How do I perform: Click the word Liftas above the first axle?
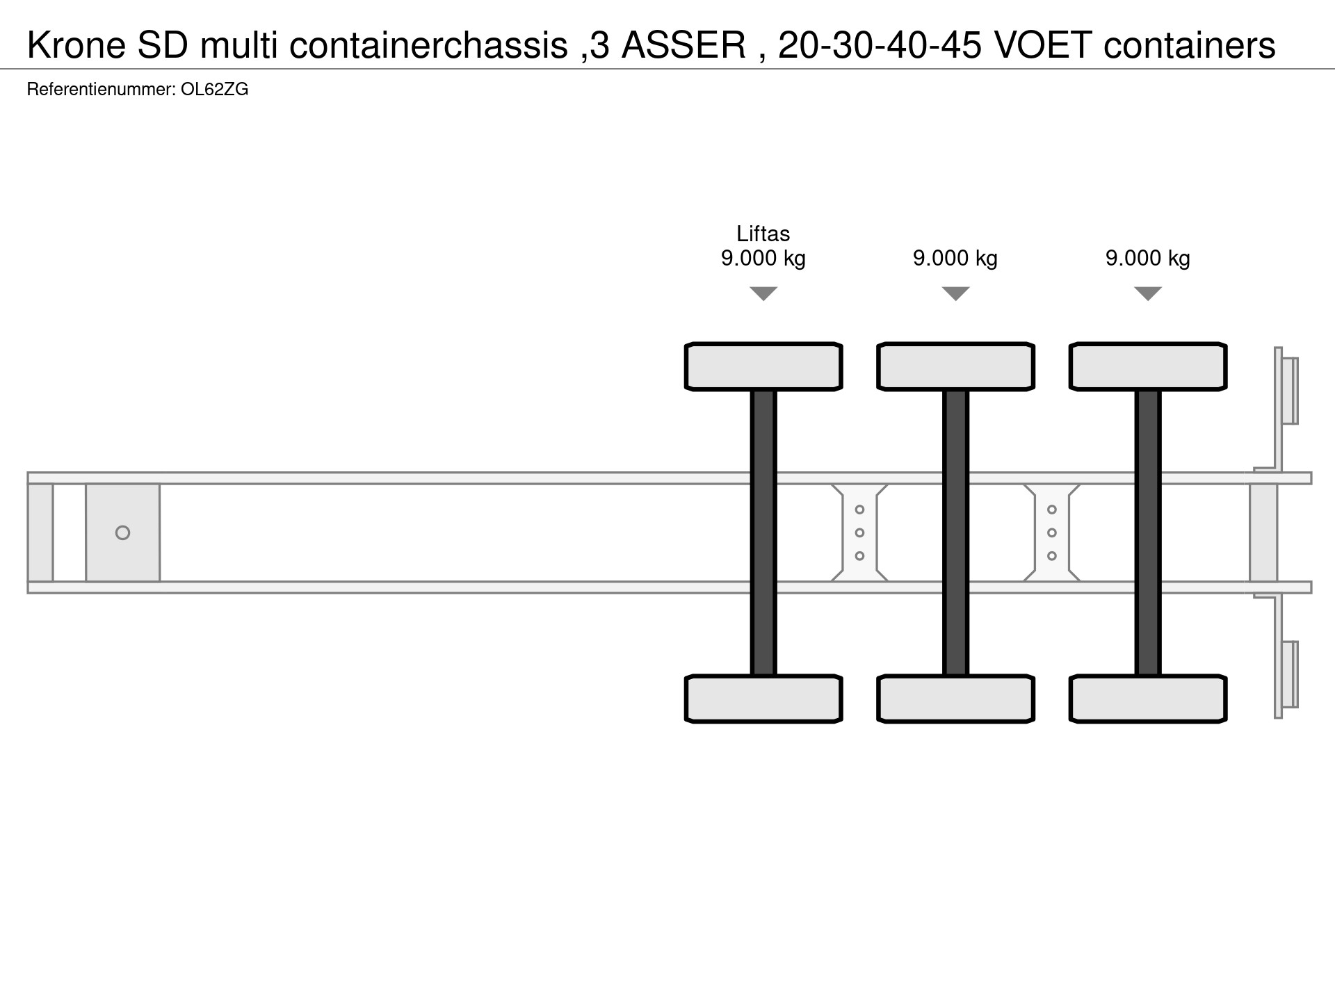[x=763, y=234]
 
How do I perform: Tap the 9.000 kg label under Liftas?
[x=763, y=259]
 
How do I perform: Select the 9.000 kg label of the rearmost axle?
[x=1148, y=259]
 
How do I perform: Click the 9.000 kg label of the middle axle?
[x=955, y=259]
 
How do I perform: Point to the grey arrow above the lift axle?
[x=763, y=293]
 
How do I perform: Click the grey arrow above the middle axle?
[x=955, y=293]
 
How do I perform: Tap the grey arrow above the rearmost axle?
[x=1148, y=293]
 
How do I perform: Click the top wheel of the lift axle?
[x=763, y=366]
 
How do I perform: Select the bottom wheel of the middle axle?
[x=955, y=699]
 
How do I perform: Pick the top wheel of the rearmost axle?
[x=1148, y=366]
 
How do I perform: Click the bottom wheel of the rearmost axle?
[x=1148, y=699]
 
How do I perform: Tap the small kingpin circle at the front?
[x=122, y=533]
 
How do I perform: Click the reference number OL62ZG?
[x=214, y=90]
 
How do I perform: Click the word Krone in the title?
[x=76, y=45]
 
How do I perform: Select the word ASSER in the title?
[x=683, y=45]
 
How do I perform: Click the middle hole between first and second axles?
[x=859, y=532]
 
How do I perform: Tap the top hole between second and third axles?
[x=1052, y=510]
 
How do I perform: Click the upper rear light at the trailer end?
[x=1290, y=391]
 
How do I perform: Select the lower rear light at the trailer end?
[x=1290, y=674]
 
